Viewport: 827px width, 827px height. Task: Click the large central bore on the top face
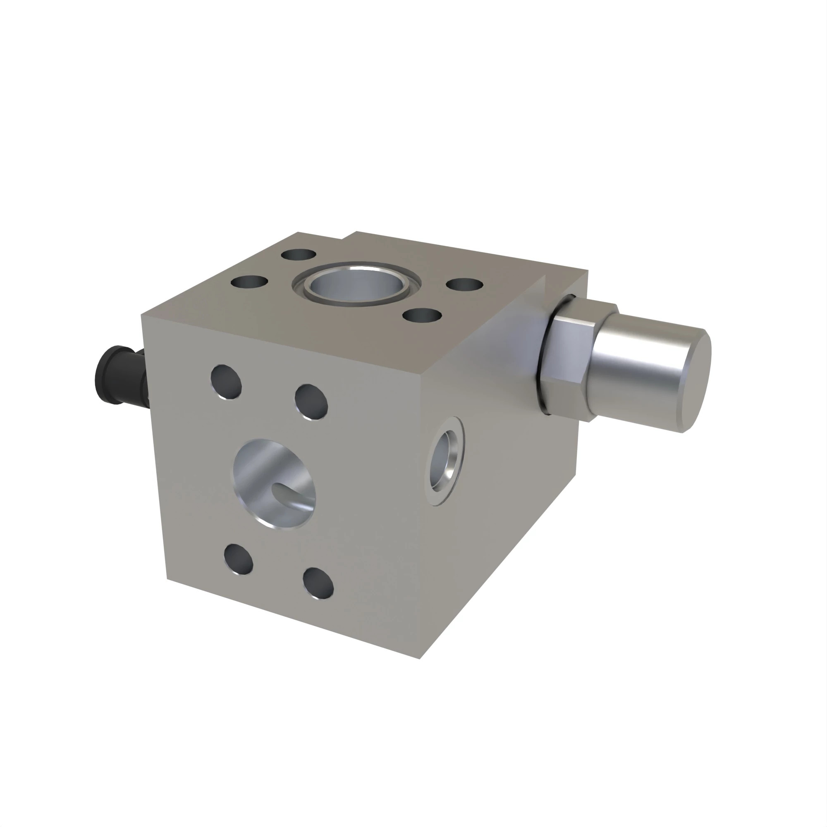click(x=356, y=284)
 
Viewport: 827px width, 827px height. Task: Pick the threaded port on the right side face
click(x=445, y=461)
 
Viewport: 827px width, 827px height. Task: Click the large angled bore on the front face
click(x=274, y=484)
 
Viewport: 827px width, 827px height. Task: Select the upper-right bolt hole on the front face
click(x=311, y=402)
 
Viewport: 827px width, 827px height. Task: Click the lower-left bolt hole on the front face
click(x=239, y=559)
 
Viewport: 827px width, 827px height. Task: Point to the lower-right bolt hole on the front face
click(x=318, y=583)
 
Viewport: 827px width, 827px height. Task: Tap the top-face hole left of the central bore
click(x=249, y=282)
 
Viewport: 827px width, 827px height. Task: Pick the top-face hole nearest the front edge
click(x=423, y=316)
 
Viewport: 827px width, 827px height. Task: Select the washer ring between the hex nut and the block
click(x=548, y=355)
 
